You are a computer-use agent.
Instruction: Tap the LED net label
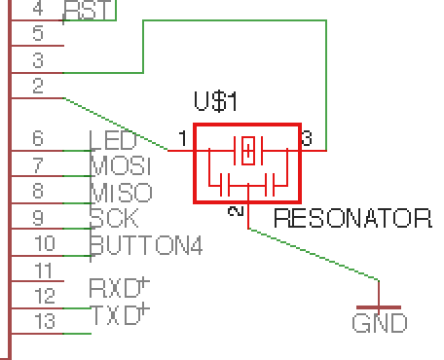pos(113,141)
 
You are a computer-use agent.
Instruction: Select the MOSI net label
pos(120,165)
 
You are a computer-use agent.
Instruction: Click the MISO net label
pos(120,192)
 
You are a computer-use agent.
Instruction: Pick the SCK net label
pos(114,217)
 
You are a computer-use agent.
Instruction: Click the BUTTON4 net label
pos(146,243)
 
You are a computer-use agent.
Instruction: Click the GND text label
pos(380,323)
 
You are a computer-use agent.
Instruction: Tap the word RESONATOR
pos(352,218)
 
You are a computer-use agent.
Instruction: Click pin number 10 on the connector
pos(44,243)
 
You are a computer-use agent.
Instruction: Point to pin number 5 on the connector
pos(38,34)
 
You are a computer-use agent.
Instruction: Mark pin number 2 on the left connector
pos(38,87)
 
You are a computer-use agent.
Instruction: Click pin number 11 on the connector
pos(44,270)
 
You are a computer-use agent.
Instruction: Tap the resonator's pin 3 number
pos(307,139)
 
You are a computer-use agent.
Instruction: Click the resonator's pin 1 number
pos(182,139)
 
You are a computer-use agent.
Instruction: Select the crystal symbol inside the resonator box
pos(249,150)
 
